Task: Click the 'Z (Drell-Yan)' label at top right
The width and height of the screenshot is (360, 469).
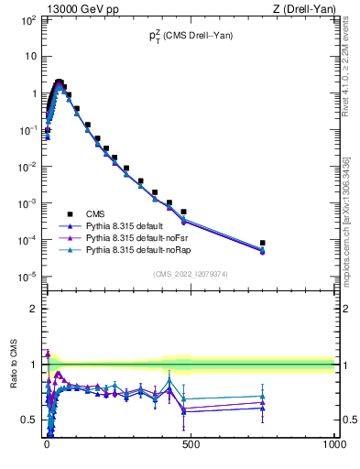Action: (304, 8)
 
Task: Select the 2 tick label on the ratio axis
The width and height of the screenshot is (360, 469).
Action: (33, 310)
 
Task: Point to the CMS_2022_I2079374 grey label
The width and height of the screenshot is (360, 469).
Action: (191, 272)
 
